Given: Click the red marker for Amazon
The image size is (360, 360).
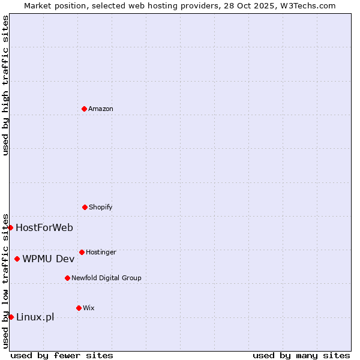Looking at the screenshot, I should pyautogui.click(x=84, y=109).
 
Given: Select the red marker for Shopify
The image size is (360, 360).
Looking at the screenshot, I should pyautogui.click(x=85, y=207).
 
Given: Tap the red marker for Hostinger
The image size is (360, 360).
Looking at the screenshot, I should pyautogui.click(x=82, y=252).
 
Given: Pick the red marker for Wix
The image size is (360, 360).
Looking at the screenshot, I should pyautogui.click(x=79, y=308).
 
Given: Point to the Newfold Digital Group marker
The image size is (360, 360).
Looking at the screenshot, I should pyautogui.click(x=67, y=278).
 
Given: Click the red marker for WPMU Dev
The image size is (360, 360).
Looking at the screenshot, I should pyautogui.click(x=17, y=259).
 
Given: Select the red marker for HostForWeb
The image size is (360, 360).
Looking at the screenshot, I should pyautogui.click(x=10, y=227).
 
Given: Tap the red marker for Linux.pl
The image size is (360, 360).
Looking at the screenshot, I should pyautogui.click(x=11, y=317).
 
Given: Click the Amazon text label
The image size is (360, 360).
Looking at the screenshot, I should pyautogui.click(x=101, y=109).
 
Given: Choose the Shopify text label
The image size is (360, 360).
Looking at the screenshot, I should pyautogui.click(x=101, y=207).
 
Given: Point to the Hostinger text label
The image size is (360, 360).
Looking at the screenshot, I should pyautogui.click(x=101, y=252).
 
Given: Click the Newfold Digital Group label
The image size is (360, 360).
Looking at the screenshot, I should pyautogui.click(x=106, y=278).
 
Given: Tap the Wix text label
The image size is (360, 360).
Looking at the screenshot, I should pyautogui.click(x=89, y=308).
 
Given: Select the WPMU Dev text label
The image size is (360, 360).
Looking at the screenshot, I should pyautogui.click(x=49, y=259).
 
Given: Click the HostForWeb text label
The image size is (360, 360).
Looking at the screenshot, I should pyautogui.click(x=44, y=227).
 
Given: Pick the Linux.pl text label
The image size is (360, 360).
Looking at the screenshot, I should pyautogui.click(x=35, y=317).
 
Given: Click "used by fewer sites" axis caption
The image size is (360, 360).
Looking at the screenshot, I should pyautogui.click(x=62, y=355).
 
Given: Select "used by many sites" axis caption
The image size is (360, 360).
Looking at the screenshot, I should pyautogui.click(x=301, y=355).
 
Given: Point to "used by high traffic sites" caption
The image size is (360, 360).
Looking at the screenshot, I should pyautogui.click(x=5, y=85).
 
